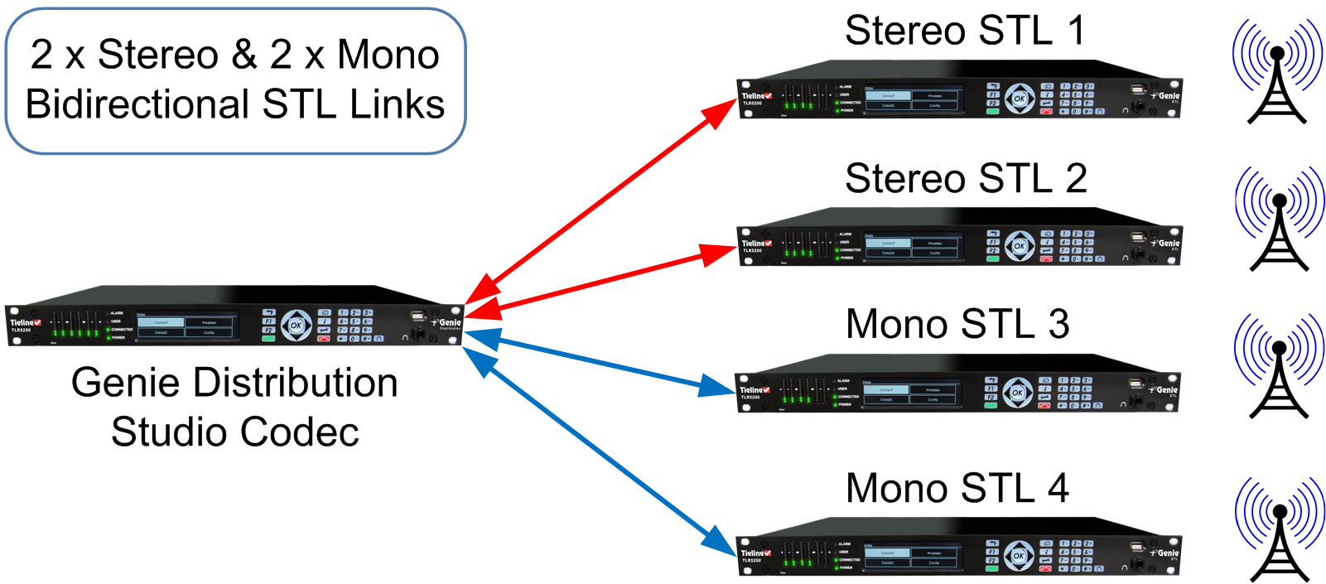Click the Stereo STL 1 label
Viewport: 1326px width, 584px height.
(964, 31)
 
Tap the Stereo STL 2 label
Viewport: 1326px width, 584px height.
(966, 179)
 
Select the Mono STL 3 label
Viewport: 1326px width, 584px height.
(957, 325)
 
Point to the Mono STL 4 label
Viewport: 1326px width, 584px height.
(957, 489)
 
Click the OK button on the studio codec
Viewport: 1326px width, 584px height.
(296, 326)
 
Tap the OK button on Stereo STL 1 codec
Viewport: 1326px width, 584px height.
(1020, 99)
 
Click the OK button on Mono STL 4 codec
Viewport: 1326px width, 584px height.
(1019, 556)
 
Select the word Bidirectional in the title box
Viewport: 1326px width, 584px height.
(137, 105)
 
